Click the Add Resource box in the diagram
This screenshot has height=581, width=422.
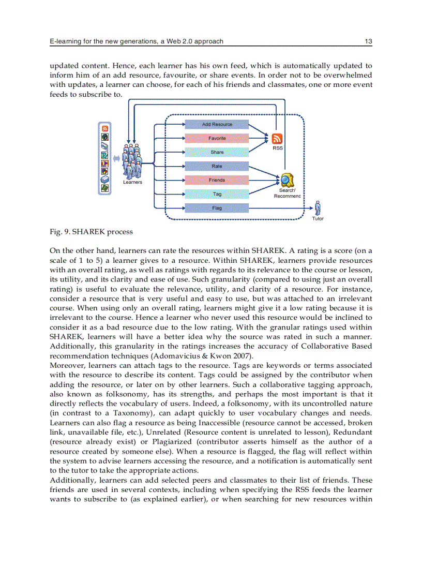[x=217, y=124]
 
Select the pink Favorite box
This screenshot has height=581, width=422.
[x=217, y=138]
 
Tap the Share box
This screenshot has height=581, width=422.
[x=217, y=152]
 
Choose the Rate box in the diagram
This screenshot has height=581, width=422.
[x=217, y=166]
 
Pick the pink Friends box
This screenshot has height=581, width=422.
[x=217, y=180]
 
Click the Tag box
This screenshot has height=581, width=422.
[x=217, y=194]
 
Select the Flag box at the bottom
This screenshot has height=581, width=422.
[x=217, y=208]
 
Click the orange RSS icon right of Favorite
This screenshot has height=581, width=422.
[x=277, y=139]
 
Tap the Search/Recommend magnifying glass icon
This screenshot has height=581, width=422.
[x=287, y=180]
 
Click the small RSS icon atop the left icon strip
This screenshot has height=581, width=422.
[x=105, y=128]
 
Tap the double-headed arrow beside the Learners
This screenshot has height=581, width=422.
[x=117, y=159]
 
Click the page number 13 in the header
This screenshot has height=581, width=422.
[x=368, y=41]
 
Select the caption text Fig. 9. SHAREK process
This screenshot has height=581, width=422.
[x=91, y=231]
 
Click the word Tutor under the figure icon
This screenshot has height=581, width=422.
[x=318, y=219]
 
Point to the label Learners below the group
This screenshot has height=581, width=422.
[x=132, y=182]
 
